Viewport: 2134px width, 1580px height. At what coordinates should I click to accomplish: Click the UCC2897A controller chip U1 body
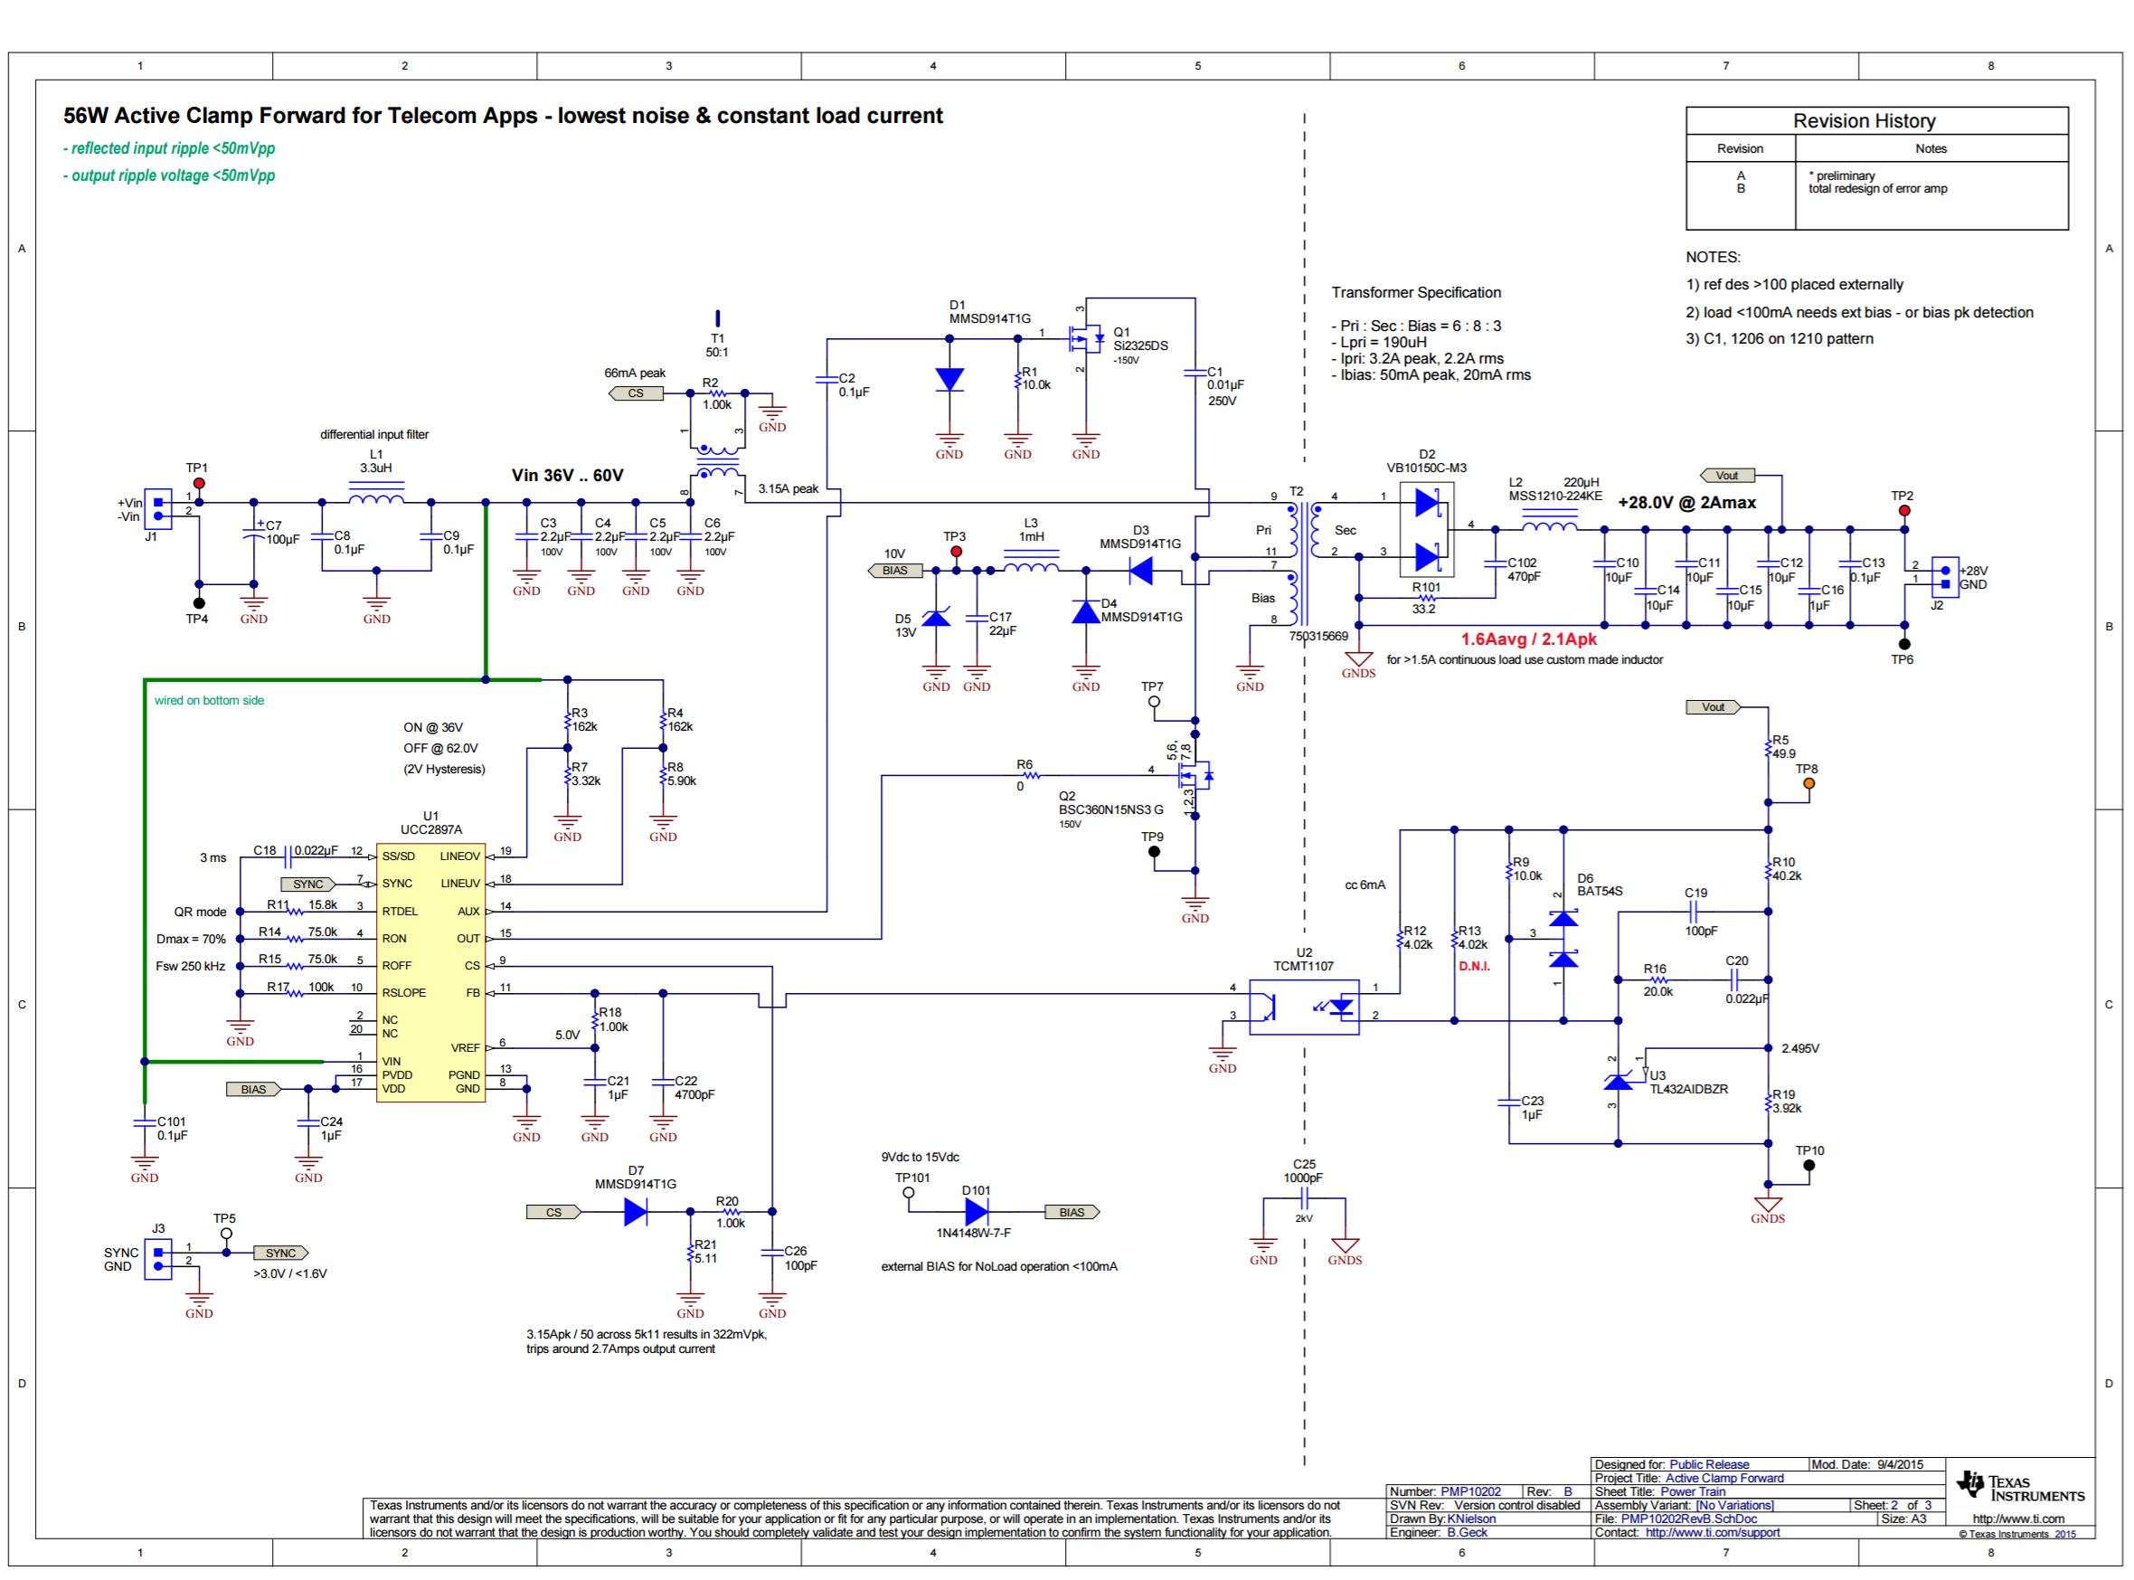[x=430, y=971]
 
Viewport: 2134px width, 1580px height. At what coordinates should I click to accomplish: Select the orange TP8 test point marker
[x=1808, y=783]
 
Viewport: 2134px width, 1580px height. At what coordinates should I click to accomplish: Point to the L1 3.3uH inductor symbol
[x=376, y=499]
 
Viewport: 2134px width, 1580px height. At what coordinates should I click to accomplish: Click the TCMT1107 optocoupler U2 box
[x=1304, y=1008]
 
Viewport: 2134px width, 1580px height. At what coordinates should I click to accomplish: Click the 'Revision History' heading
[x=1864, y=120]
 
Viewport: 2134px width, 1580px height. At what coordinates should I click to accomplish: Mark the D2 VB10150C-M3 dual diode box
[x=1427, y=529]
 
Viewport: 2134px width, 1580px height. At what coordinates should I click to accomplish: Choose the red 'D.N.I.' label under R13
[x=1473, y=966]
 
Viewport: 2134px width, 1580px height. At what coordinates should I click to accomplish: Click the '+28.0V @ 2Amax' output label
[x=1686, y=502]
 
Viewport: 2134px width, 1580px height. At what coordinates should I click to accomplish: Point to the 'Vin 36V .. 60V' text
[x=567, y=476]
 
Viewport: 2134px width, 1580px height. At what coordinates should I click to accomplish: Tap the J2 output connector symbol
[x=1945, y=577]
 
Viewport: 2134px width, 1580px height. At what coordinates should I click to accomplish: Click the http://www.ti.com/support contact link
[x=1713, y=1532]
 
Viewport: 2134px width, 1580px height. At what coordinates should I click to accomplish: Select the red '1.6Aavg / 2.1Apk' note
[x=1528, y=639]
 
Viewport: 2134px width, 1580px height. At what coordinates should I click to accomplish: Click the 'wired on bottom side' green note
[x=210, y=700]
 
